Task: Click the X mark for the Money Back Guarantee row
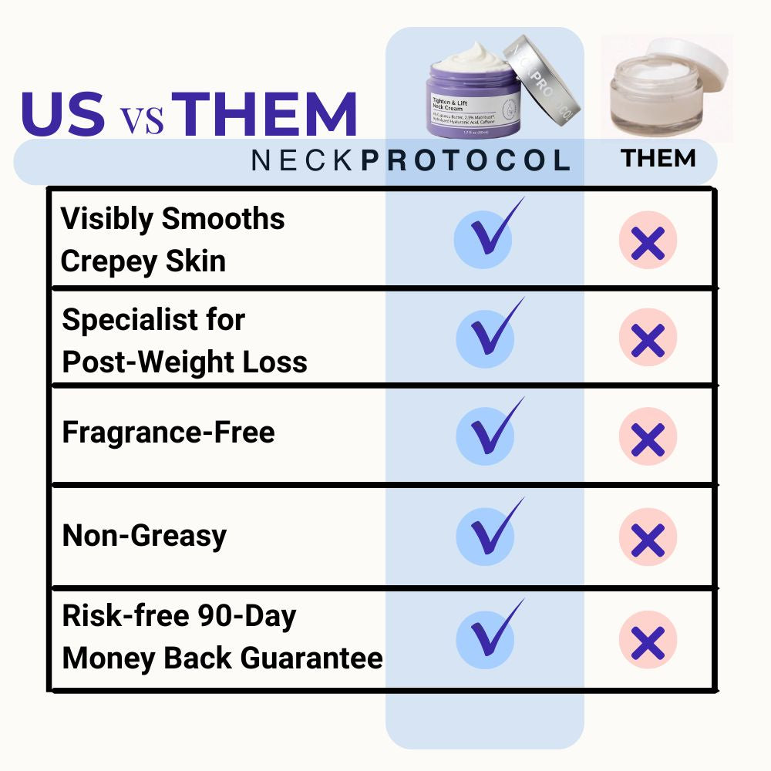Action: coord(648,641)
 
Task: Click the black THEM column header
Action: coord(658,159)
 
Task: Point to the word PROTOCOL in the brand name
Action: coord(466,160)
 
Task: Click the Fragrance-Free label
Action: coord(168,433)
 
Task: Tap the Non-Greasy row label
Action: coord(144,535)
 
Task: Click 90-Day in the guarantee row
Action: coord(247,616)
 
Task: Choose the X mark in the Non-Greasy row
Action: coord(648,538)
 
